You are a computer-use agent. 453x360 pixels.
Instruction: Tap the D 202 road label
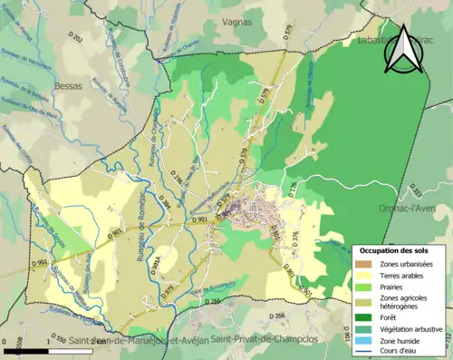[x=76, y=39]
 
